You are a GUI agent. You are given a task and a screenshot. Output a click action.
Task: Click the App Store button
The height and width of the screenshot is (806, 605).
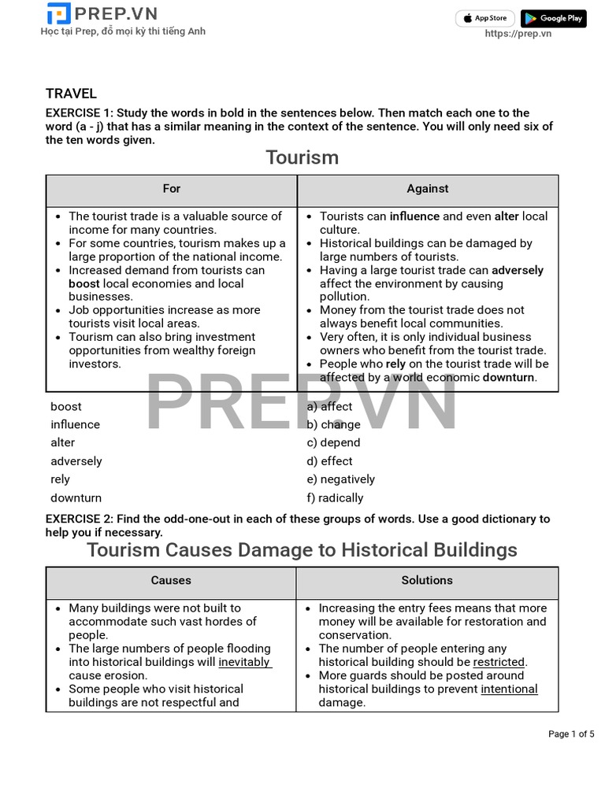pos(485,18)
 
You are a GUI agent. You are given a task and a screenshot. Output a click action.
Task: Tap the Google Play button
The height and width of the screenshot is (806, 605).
pos(553,18)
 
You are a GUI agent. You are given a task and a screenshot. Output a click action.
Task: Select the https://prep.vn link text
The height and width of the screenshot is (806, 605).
pos(518,33)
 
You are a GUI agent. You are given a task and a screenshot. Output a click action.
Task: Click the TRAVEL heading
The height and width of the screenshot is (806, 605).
pos(71,94)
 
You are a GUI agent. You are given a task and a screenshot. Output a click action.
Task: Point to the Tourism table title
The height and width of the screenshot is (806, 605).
pos(302,157)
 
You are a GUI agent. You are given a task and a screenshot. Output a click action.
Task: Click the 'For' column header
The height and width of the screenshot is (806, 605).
pos(172,189)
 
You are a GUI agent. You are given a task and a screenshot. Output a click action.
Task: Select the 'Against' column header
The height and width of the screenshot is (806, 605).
pos(428,189)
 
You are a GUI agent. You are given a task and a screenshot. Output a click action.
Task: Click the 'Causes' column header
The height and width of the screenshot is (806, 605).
pos(171,580)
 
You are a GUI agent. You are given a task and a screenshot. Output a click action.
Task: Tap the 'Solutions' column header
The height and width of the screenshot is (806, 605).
pos(427,580)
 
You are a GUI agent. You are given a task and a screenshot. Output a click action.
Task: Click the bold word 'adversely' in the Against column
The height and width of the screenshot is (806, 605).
pos(518,270)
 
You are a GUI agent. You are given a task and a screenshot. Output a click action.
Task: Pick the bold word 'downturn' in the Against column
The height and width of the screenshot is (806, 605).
pos(509,377)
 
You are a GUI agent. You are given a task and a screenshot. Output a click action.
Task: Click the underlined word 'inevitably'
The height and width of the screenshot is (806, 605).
pos(244,662)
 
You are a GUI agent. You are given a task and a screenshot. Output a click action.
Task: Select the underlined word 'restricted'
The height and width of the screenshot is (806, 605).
pos(499,662)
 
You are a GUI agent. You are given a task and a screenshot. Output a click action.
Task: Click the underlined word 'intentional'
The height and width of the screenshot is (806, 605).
pos(509,689)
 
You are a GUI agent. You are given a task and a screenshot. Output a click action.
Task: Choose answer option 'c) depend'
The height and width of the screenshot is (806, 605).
pos(333,442)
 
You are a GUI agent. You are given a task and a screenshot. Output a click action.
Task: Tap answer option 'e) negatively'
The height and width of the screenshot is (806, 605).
pos(340,479)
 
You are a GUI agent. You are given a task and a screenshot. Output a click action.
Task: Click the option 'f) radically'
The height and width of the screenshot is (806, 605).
pos(335,497)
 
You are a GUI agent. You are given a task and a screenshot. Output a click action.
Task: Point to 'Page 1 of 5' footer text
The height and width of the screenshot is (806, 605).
pos(571,734)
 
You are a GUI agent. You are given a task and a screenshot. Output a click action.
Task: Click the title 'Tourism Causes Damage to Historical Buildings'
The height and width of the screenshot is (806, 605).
pos(302,549)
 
